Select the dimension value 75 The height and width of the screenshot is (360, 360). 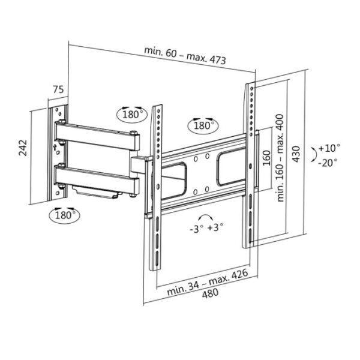click(x=58, y=89)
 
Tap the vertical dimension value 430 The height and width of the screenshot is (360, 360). click(x=296, y=158)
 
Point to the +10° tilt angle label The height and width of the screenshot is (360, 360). click(x=329, y=148)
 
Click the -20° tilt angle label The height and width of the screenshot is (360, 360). click(x=328, y=162)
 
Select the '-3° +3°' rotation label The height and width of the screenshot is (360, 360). click(x=206, y=228)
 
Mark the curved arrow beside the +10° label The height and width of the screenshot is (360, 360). click(x=313, y=154)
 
